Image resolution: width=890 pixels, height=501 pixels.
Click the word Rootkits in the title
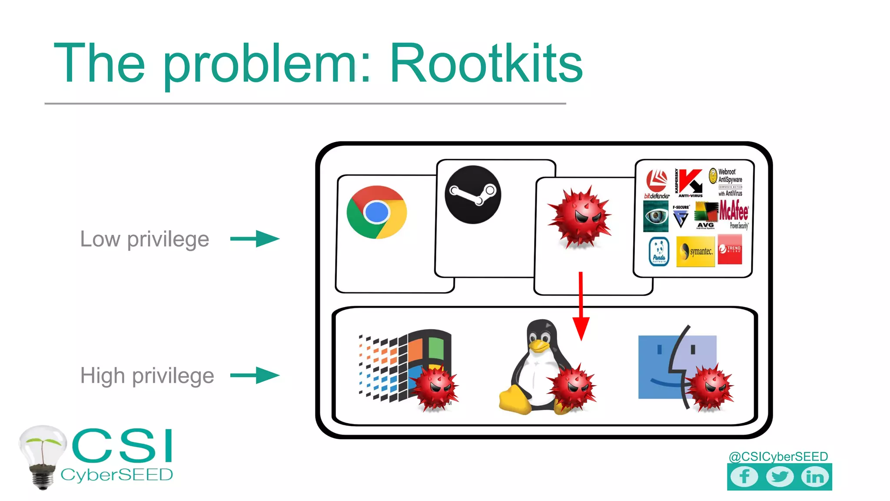pos(486,64)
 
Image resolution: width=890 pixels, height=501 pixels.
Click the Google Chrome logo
pos(377,212)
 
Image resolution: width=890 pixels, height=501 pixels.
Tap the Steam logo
pos(473,194)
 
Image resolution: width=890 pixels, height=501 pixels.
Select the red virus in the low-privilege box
pos(580,217)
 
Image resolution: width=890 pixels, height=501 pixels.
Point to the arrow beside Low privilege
pos(255,239)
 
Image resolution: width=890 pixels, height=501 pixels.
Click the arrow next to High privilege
pos(255,375)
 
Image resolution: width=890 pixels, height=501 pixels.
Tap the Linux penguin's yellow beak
pos(539,345)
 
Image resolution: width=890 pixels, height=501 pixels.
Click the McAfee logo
pos(734,213)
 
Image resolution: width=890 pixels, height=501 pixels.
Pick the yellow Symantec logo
pos(695,251)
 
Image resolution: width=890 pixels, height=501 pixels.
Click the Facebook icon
pos(744,477)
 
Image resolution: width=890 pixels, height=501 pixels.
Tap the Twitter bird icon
pos(780,477)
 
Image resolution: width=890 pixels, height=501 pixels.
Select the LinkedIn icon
pos(815,477)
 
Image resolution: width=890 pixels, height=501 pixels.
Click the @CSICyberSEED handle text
pos(778,456)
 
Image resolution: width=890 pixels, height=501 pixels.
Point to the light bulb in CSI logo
pos(42,454)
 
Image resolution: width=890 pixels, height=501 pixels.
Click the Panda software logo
pos(659,251)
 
